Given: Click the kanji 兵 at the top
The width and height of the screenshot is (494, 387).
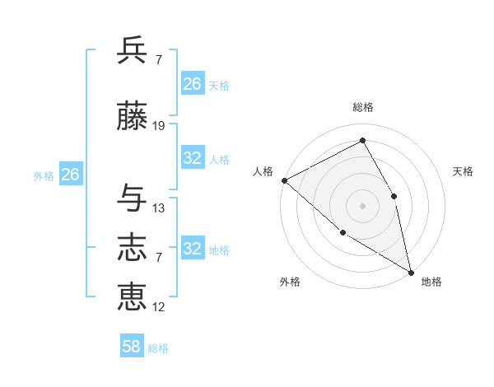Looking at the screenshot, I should point(133,50).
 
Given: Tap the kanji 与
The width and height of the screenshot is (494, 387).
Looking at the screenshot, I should point(133,198).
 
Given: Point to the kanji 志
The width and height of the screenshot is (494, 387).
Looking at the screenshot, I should point(133,246).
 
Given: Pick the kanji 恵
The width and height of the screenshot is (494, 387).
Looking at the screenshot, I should point(133,296).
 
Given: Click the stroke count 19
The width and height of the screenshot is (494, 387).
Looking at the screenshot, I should point(159,126).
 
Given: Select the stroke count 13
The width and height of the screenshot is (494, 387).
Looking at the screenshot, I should point(159,208).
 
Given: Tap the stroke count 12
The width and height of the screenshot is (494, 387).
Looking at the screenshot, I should point(159,307).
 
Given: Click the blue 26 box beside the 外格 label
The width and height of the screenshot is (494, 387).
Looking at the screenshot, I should point(70,175).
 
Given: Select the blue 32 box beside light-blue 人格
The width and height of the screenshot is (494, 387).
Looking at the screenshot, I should point(193,158).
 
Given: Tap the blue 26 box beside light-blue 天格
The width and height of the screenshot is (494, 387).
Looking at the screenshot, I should point(193,84).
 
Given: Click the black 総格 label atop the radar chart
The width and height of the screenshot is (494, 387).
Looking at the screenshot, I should point(362,107).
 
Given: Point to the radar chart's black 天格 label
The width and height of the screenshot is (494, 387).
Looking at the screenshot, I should point(464,171).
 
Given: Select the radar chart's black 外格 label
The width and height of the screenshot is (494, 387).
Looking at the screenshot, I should point(289,282).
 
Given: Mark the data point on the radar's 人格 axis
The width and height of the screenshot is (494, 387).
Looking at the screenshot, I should point(284,180).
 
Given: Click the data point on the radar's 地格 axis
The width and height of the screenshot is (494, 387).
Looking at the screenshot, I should point(411,272).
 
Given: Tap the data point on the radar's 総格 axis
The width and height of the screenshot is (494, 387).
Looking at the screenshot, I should point(362,140).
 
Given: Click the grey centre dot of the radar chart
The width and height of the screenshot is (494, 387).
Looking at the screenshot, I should point(362,205).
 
